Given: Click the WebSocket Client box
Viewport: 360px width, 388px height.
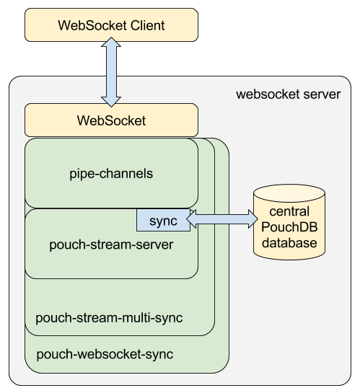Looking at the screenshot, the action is coord(111,25).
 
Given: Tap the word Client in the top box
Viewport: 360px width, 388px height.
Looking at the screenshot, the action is coord(148,25).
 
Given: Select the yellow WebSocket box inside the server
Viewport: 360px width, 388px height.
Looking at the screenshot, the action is coord(111,120).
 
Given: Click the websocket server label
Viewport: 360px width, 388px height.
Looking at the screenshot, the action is coord(288,94).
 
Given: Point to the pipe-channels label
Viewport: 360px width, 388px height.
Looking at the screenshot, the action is coord(111,174).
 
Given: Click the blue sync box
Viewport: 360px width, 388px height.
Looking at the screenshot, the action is coord(164,220).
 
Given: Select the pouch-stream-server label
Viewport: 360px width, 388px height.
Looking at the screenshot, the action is coord(111,244).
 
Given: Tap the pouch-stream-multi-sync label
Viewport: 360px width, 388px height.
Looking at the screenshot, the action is coord(109,318).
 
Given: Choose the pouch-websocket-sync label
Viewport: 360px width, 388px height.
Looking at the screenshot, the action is coord(105,354).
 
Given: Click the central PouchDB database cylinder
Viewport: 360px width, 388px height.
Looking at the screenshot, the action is coord(289,222).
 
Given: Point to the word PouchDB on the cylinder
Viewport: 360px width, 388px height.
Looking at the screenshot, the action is coord(289,227).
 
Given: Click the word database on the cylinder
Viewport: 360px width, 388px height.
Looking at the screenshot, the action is coord(289,243).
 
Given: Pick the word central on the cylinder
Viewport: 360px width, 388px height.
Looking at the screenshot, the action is coord(289,211).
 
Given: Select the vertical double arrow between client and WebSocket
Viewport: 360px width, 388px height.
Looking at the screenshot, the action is coord(111,72).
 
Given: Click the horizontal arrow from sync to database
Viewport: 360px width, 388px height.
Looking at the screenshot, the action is coord(222,219).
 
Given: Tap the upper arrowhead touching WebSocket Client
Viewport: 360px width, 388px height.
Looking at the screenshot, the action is coord(111,43).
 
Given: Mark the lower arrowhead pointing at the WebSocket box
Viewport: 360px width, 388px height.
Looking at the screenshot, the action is coord(111,102).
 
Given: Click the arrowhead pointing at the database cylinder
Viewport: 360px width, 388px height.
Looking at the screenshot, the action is coord(253,219).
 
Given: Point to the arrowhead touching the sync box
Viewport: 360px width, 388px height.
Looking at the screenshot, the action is coord(191,219).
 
